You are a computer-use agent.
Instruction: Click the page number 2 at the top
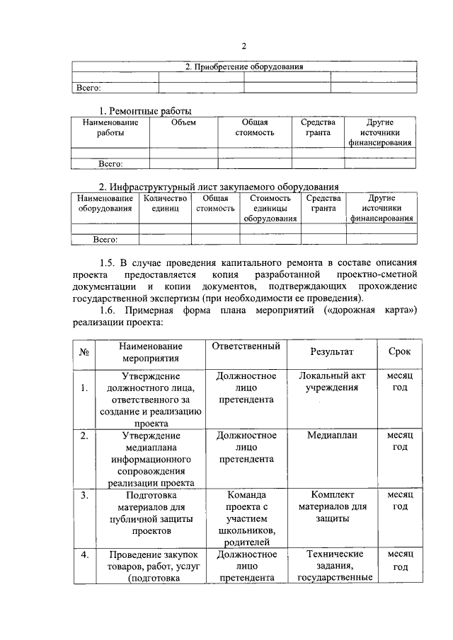[243, 47]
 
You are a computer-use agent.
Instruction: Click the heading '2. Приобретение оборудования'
[243, 67]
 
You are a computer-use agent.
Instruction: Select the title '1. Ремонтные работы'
[145, 111]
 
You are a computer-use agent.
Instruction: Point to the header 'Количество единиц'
[165, 203]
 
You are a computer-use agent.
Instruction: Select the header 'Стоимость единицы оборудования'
[270, 208]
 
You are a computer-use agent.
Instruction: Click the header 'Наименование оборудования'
[105, 203]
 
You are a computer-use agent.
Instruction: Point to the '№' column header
[84, 351]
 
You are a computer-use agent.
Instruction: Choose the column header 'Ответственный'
[246, 347]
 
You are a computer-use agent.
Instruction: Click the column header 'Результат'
[331, 351]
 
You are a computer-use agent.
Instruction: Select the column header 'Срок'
[399, 351]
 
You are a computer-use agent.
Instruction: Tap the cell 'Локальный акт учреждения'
[331, 382]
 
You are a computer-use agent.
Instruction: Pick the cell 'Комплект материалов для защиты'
[331, 506]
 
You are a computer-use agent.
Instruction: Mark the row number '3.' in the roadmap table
[84, 495]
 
